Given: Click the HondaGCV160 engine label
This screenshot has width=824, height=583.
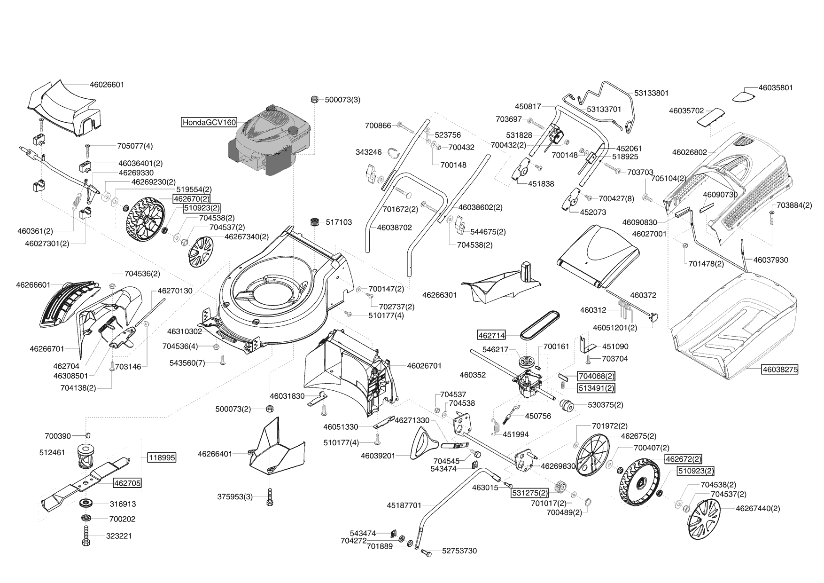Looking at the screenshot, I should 209,122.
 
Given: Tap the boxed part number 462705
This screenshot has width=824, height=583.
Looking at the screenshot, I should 126,483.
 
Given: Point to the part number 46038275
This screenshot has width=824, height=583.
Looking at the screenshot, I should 779,369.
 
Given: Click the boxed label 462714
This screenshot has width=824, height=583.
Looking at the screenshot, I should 491,335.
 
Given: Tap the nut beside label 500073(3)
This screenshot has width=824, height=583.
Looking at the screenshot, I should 315,99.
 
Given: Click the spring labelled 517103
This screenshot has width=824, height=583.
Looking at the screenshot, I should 314,221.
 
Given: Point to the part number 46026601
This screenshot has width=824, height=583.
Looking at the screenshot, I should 107,85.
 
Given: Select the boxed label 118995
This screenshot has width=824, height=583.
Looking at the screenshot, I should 162,457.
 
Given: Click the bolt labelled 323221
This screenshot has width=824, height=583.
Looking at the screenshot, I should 86,535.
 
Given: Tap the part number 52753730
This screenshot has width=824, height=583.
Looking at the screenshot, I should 459,551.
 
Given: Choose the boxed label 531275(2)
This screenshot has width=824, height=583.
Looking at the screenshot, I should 529,493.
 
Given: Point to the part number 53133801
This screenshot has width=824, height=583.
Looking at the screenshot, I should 651,93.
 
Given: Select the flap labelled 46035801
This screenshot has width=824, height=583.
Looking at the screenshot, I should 744,95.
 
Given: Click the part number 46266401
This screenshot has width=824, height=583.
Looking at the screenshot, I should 215,454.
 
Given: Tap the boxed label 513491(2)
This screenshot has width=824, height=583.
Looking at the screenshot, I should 596,388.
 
